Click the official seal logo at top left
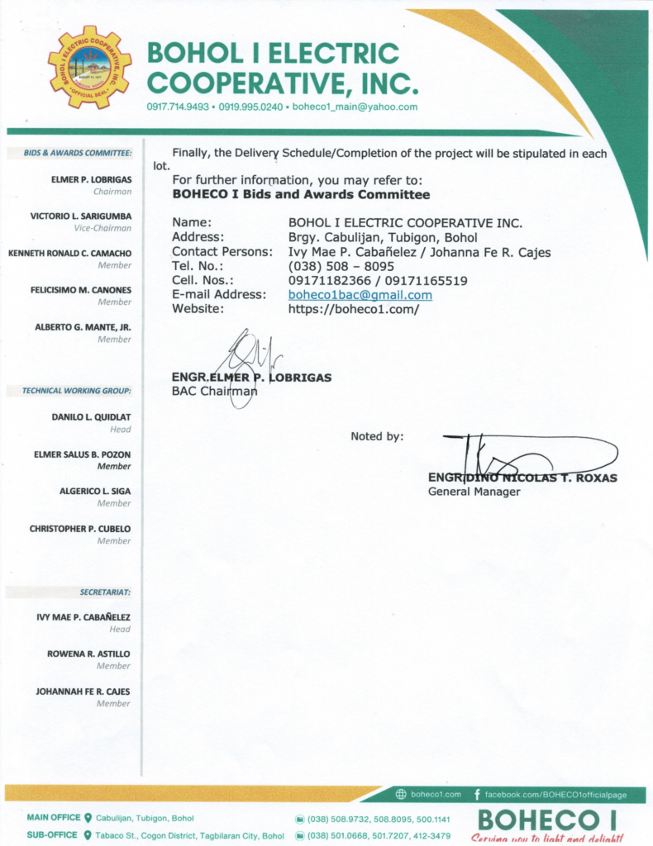click(89, 67)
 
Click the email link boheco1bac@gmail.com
click(360, 295)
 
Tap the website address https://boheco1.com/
click(354, 309)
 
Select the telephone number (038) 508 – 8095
click(341, 267)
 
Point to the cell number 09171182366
click(325, 281)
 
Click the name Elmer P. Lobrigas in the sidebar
click(91, 178)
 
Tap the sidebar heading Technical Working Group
click(77, 391)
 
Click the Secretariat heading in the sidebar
click(106, 592)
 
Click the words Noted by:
click(377, 436)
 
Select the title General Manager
click(474, 492)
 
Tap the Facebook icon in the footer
click(478, 795)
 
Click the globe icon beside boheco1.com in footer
click(401, 795)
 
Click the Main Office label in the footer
click(54, 818)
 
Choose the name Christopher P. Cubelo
click(80, 529)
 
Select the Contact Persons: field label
click(222, 252)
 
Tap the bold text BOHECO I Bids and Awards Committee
click(301, 195)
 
